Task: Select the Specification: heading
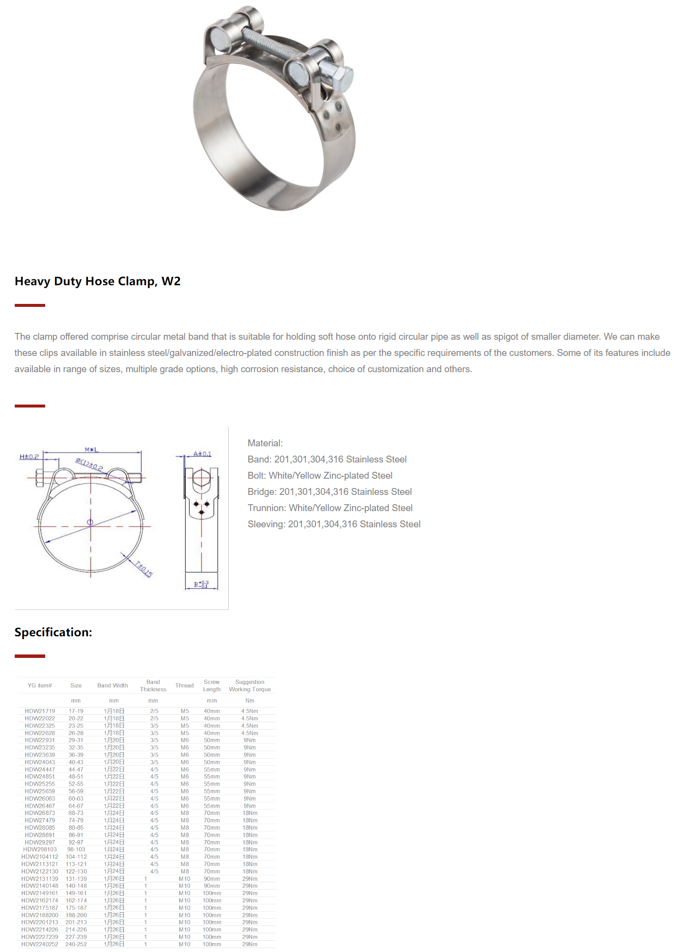(x=53, y=632)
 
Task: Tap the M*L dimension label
(x=91, y=450)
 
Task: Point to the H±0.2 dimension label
(x=29, y=457)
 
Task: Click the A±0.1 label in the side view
(x=202, y=454)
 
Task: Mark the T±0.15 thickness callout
(x=144, y=569)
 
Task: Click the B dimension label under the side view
(x=200, y=584)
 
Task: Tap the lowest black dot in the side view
(x=202, y=513)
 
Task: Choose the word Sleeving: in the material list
(x=266, y=524)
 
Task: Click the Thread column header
(x=185, y=686)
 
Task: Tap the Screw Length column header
(x=212, y=686)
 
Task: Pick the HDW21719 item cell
(x=40, y=711)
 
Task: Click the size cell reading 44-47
(x=76, y=770)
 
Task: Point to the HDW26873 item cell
(x=40, y=814)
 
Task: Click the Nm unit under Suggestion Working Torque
(x=249, y=701)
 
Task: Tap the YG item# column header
(x=40, y=686)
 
